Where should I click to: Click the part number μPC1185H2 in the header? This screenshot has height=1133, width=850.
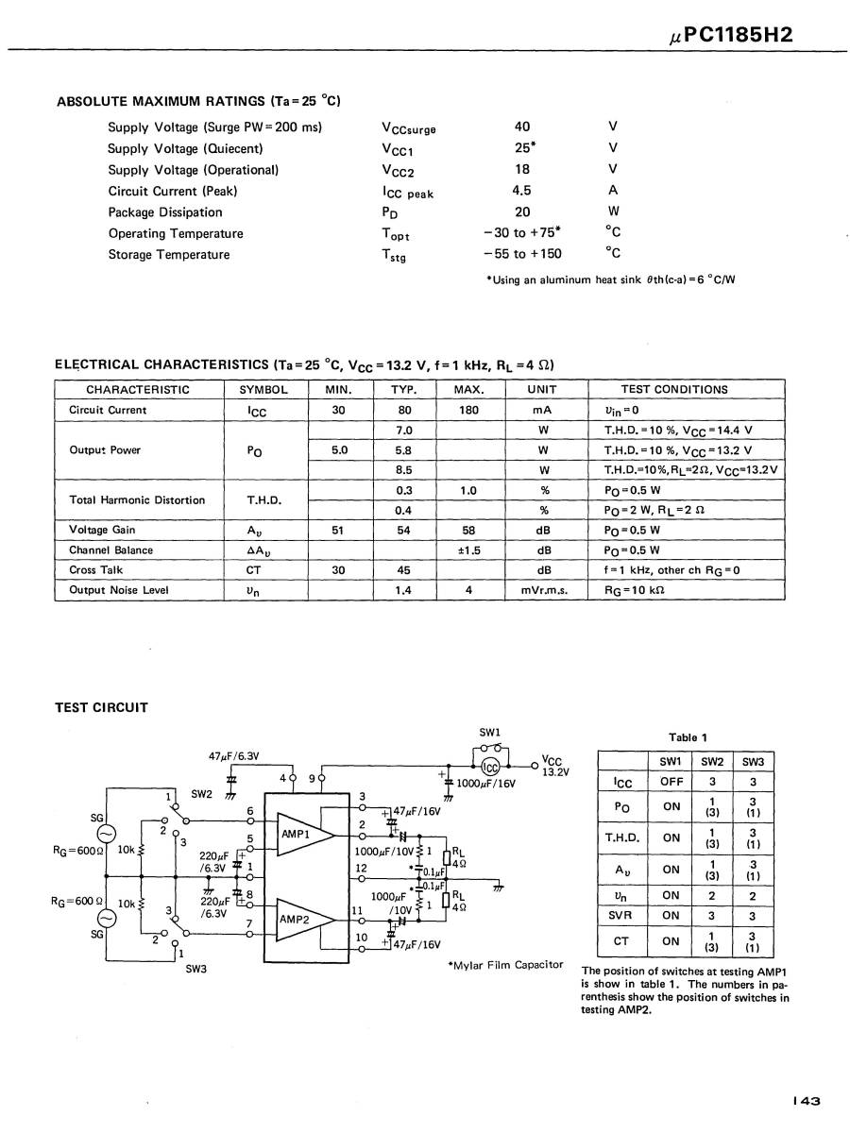[x=730, y=35]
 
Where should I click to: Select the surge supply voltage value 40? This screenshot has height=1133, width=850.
[x=522, y=127]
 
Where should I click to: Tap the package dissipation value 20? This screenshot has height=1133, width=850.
[x=522, y=212]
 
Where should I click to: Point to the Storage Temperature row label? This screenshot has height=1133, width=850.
[x=168, y=254]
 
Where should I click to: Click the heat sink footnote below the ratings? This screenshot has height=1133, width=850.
[x=610, y=279]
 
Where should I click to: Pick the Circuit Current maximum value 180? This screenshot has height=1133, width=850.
[x=469, y=411]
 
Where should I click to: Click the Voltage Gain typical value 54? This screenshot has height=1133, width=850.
[x=403, y=531]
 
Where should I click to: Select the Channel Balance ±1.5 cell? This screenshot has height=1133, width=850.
[x=469, y=550]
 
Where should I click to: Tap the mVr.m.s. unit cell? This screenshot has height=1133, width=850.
[x=543, y=590]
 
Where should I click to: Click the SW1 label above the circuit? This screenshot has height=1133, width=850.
[x=490, y=732]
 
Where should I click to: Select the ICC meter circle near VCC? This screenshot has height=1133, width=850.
[x=490, y=768]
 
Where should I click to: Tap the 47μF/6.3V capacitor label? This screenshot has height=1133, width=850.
[x=234, y=755]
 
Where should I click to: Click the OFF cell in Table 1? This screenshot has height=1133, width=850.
[x=671, y=782]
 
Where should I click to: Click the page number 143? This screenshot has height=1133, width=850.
[x=807, y=1100]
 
